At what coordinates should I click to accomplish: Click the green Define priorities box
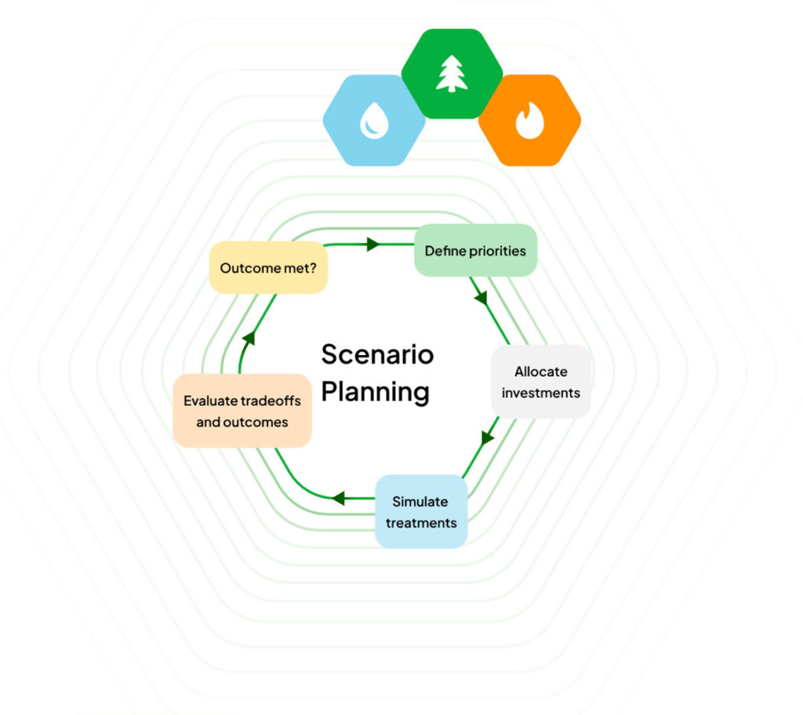pos(475,251)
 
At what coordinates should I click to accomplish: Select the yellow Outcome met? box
pos(268,268)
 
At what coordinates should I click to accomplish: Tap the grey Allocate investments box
pos(541,382)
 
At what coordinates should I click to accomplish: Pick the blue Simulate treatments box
pos(421,511)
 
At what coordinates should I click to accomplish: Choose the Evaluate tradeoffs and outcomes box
pos(242,411)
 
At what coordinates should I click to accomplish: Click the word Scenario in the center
pos(377,354)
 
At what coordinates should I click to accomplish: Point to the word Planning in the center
pos(376,391)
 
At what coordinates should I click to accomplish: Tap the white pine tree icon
pos(452,74)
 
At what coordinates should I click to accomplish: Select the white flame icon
pos(529,122)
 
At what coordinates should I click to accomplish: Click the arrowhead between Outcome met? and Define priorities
pos(373,245)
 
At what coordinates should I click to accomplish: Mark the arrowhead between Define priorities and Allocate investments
pos(481,299)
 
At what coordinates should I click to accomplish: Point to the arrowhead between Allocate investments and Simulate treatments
pos(488,437)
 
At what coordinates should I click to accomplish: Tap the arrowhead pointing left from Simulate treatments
pos(338,498)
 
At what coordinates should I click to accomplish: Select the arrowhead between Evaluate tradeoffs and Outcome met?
pos(249,338)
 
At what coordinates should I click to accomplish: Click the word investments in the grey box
pos(541,393)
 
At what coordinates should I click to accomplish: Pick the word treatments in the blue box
pos(421,522)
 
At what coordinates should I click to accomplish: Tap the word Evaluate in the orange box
pos(210,401)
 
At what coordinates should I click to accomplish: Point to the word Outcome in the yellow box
pos(249,268)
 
